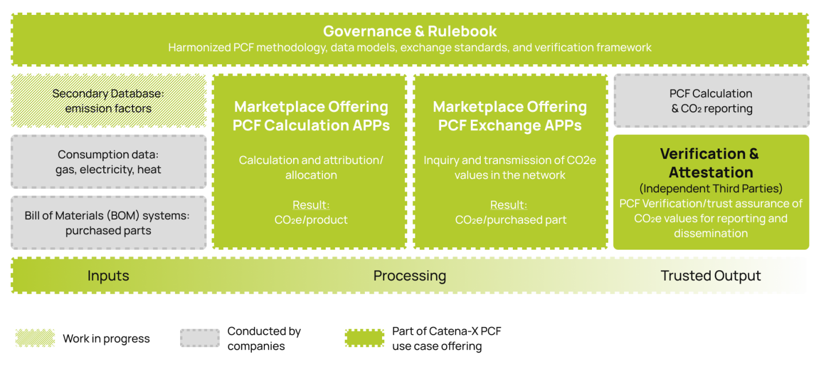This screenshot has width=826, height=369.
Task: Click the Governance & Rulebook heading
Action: click(x=410, y=31)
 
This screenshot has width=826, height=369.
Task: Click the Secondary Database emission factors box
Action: click(x=108, y=100)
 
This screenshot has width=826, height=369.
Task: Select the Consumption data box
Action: click(x=108, y=162)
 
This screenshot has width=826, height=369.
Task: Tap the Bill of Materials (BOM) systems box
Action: click(x=108, y=223)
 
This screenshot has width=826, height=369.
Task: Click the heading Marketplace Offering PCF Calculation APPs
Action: click(x=311, y=116)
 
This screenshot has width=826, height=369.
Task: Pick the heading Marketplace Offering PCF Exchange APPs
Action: click(x=510, y=116)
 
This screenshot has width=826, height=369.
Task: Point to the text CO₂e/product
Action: click(x=311, y=220)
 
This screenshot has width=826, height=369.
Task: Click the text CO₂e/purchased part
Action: click(x=510, y=220)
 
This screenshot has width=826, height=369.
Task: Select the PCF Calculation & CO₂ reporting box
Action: click(x=711, y=100)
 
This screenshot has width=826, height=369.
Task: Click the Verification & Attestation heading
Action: click(x=710, y=163)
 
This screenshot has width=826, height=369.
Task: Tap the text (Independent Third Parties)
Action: click(x=711, y=188)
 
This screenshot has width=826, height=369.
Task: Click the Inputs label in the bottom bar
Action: click(x=108, y=275)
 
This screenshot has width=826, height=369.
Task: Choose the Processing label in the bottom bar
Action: click(x=410, y=275)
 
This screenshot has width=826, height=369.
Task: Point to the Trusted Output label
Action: click(x=711, y=275)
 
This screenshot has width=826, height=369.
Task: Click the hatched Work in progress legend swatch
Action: click(x=36, y=338)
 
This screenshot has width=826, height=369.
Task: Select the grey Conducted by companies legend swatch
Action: click(x=200, y=338)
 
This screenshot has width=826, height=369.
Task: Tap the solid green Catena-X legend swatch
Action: click(x=364, y=338)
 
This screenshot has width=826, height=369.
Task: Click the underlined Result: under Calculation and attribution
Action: click(x=311, y=205)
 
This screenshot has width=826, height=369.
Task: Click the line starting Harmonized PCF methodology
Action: click(x=410, y=47)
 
